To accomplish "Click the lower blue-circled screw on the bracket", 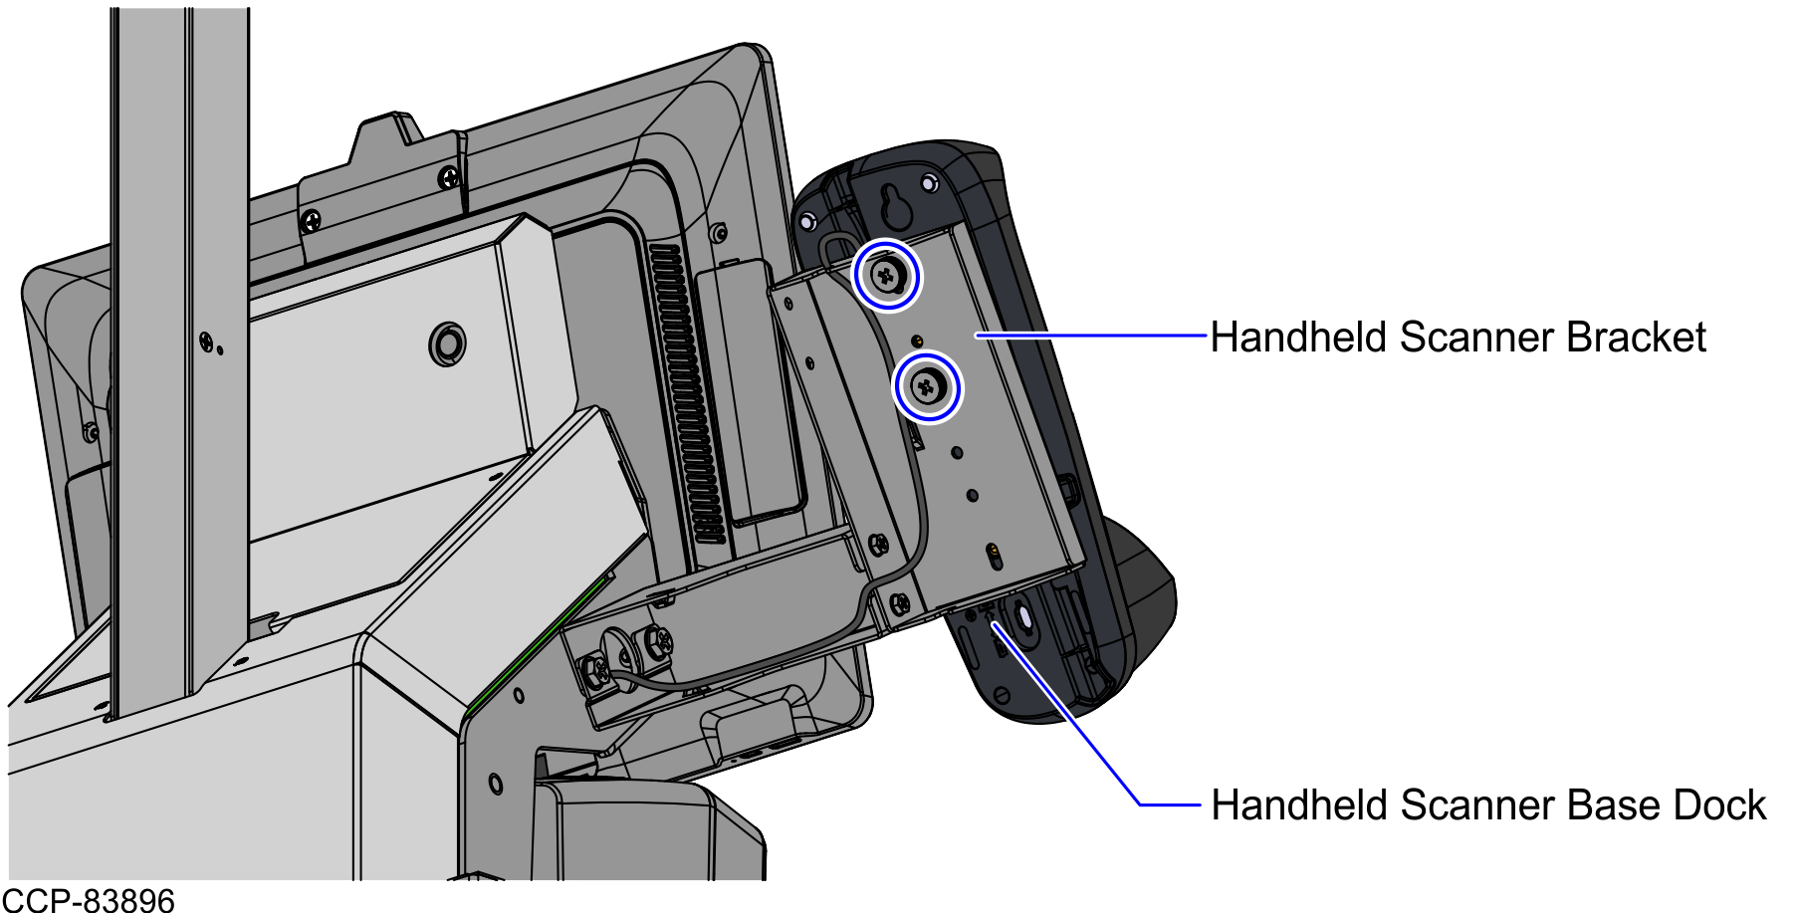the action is pos(927,386).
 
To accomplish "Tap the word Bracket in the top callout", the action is pos(1637,338).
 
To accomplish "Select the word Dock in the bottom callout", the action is pos(1719,805).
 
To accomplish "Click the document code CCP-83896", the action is pos(89,900).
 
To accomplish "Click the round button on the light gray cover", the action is pos(446,343).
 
